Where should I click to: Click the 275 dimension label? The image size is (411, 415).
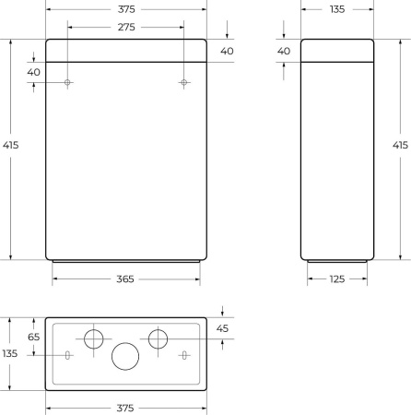[x=126, y=28]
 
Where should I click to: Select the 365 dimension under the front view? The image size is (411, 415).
[x=126, y=279]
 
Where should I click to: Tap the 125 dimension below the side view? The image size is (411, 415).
[x=338, y=279]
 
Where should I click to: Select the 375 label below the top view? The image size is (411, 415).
[x=126, y=407]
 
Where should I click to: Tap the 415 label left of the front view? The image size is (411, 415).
[x=11, y=146]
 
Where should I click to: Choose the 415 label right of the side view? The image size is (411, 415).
[x=400, y=146]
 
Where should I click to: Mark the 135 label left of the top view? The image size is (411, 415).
[x=9, y=353]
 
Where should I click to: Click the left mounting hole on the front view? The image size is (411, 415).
[x=68, y=83]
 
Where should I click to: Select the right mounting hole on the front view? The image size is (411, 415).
[x=184, y=83]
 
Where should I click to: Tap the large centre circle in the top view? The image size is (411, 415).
[x=125, y=355]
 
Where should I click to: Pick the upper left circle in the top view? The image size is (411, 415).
[x=94, y=338]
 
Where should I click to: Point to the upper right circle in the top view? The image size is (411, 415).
[x=159, y=338]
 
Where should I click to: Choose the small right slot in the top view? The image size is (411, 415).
[x=184, y=355]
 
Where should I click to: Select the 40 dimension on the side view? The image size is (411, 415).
[x=284, y=51]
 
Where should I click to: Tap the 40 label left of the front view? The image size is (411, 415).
[x=33, y=72]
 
